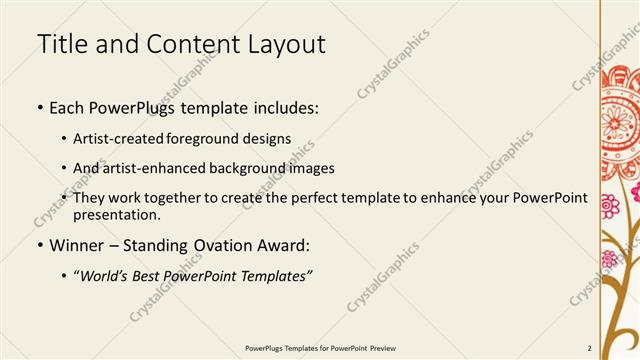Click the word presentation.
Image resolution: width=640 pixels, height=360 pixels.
pyautogui.click(x=115, y=214)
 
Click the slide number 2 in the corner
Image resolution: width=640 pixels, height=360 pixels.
pyautogui.click(x=590, y=348)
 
